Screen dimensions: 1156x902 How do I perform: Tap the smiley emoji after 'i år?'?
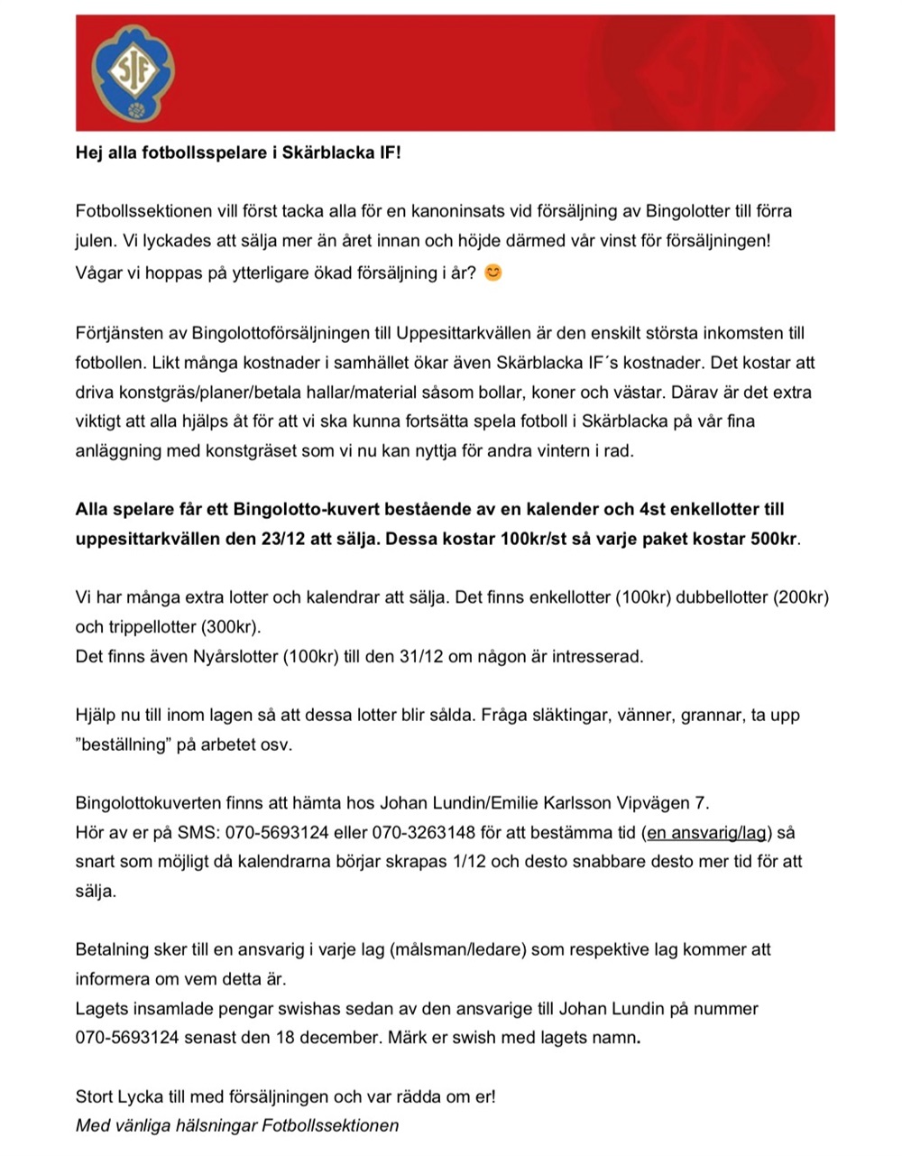[492, 272]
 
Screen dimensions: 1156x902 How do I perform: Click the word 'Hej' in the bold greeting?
[90, 153]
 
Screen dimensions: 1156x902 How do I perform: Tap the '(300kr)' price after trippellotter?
[229, 626]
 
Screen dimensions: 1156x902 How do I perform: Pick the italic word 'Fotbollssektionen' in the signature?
[330, 1125]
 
